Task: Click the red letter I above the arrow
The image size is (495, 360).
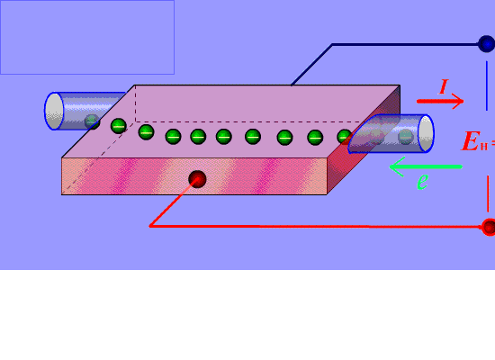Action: click(x=444, y=86)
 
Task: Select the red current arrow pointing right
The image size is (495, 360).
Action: click(x=440, y=101)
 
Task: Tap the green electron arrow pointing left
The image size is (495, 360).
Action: click(x=426, y=166)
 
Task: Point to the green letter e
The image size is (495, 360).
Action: click(x=423, y=182)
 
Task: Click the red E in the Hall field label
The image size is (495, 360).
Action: click(x=471, y=141)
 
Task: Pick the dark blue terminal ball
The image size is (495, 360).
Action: click(x=487, y=44)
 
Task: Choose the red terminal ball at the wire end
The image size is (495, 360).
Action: click(x=489, y=227)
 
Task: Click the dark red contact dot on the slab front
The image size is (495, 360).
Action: click(x=197, y=179)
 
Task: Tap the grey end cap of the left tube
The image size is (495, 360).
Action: click(x=54, y=111)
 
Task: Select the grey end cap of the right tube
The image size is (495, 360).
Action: click(x=426, y=133)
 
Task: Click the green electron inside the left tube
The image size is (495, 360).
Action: click(x=92, y=121)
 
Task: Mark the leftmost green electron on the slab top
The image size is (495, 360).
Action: click(x=119, y=126)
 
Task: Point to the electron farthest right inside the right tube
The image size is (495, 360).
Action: click(x=406, y=137)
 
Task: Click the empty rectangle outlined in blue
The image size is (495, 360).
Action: click(x=87, y=37)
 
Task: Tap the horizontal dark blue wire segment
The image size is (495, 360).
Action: click(x=405, y=44)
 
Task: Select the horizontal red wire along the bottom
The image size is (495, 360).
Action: click(x=316, y=227)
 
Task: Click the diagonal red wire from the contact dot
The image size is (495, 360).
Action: click(x=174, y=202)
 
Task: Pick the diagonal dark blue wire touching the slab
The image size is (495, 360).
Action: click(x=311, y=65)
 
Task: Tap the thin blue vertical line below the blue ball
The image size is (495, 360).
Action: click(x=487, y=85)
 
